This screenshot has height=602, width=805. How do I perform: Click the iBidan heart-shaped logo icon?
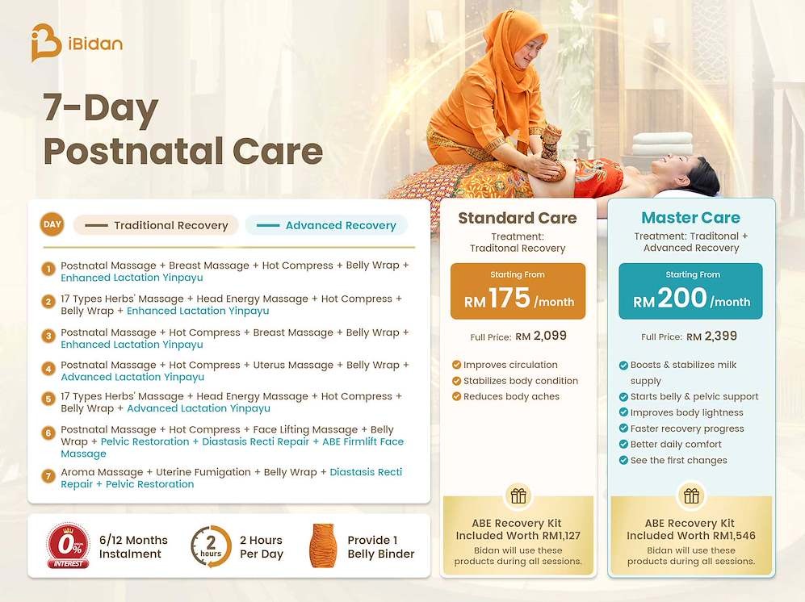coord(45,43)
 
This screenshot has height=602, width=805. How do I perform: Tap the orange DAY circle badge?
coord(52,224)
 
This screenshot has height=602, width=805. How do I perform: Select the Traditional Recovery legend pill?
coord(156,225)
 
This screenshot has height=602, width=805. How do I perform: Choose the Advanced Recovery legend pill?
coord(326,225)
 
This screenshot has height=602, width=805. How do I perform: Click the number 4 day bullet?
coord(48,369)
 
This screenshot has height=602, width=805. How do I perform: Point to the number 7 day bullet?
coord(48,476)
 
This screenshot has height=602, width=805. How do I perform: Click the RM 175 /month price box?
coord(518,291)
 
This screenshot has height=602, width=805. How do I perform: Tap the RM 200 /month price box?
coord(690,291)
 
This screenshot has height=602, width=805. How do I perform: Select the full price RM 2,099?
coord(541,337)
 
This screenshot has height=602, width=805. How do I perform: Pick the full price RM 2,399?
coord(711,337)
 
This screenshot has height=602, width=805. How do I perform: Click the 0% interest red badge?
coord(69,546)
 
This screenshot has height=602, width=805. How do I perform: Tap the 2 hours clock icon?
coord(211,546)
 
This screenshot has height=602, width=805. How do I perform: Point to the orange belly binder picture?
coord(322,546)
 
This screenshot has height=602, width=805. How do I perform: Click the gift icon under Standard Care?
coord(518,495)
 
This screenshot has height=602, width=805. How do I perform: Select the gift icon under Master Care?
coord(691,495)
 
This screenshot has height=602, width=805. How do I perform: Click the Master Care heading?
coord(690,218)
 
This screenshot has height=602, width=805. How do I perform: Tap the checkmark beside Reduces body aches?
coord(456,397)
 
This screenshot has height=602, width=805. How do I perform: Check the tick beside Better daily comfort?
coord(623,445)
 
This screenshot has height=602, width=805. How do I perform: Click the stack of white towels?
coord(662,144)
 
